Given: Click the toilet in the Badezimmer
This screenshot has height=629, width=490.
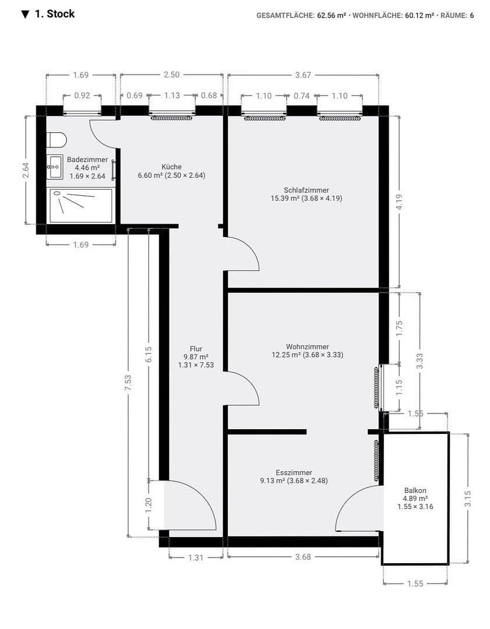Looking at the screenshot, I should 57,140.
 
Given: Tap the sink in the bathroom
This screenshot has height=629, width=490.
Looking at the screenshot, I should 55,167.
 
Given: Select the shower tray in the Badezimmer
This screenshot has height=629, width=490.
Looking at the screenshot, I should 80,205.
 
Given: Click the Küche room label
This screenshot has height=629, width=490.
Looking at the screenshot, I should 171,167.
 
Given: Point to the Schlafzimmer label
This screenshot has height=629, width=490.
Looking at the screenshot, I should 306,190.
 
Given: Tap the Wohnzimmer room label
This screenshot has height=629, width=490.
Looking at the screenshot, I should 307,346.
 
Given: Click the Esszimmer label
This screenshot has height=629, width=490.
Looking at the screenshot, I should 294,472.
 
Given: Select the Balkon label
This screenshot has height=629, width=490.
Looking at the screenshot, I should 415,490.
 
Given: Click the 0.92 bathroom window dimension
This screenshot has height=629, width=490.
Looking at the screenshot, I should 82,96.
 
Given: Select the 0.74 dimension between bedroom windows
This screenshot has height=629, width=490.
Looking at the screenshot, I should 302,96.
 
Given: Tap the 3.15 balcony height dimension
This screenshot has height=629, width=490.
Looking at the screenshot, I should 467,499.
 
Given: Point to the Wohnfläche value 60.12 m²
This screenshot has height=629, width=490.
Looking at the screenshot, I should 420,16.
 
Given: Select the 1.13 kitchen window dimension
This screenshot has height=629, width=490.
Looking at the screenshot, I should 172,96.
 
